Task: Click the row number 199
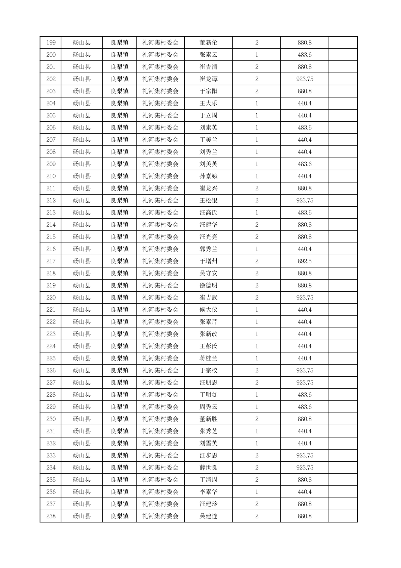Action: (x=51, y=43)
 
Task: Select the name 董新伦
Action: (x=208, y=43)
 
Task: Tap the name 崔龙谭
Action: (x=208, y=79)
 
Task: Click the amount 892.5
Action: (x=304, y=261)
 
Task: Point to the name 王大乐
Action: (x=208, y=104)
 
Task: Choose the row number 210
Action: (x=51, y=176)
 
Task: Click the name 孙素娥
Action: (x=208, y=176)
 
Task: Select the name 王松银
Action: (x=208, y=201)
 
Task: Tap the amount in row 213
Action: (x=304, y=213)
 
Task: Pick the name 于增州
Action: (x=208, y=261)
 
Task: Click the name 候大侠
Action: (x=208, y=310)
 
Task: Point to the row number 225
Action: (x=51, y=359)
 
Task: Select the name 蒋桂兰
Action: (x=208, y=359)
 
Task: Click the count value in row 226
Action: (x=256, y=371)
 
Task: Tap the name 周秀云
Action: (x=208, y=407)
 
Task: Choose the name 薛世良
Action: (x=208, y=468)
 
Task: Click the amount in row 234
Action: (x=304, y=468)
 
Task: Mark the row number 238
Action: (x=51, y=516)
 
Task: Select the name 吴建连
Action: (x=208, y=516)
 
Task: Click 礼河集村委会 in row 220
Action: (x=160, y=298)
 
